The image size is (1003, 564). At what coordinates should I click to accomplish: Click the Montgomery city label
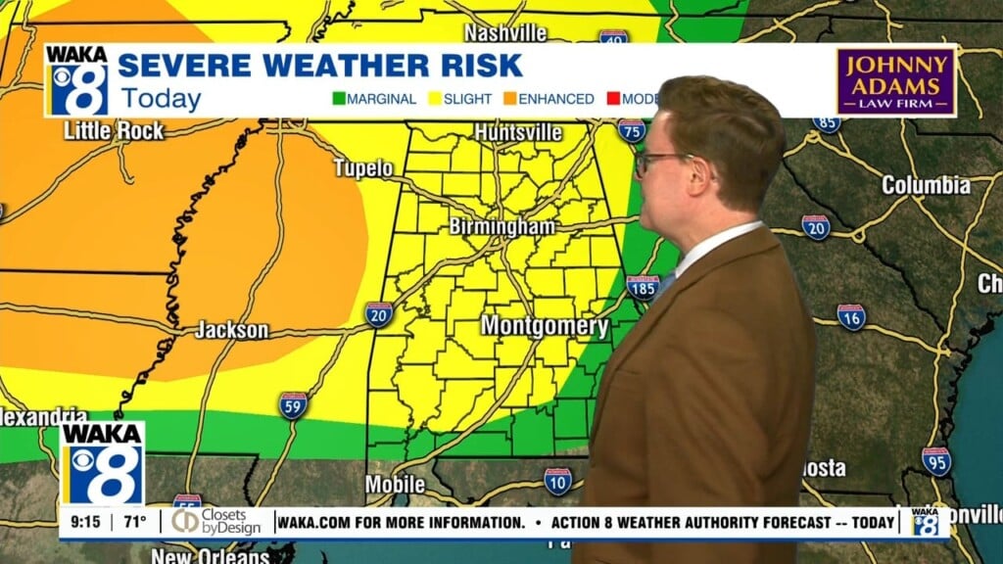[544, 326]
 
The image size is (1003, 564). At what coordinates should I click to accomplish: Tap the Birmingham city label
[501, 226]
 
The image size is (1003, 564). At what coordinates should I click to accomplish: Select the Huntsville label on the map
[518, 131]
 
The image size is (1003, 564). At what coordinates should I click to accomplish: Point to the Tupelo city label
[363, 168]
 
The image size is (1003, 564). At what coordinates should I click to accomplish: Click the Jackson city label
[231, 330]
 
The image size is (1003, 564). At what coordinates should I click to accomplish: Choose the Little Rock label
[114, 130]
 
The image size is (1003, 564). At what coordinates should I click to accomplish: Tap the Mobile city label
[395, 485]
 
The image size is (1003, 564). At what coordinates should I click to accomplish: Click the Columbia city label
[926, 185]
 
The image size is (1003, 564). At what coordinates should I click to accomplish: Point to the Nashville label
[505, 32]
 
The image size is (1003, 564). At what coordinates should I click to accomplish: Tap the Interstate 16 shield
[851, 317]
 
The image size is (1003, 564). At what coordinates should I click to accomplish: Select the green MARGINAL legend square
[339, 99]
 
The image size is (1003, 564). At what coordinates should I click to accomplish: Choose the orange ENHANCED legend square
[510, 99]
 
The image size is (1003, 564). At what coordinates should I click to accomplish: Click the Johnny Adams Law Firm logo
[895, 81]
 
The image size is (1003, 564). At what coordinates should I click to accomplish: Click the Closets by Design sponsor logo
[216, 522]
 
